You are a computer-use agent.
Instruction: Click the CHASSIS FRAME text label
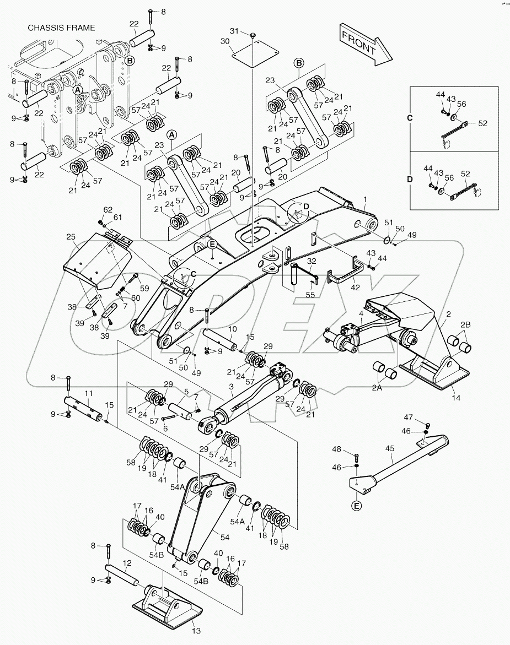click(61, 28)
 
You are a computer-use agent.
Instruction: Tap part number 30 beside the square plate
click(225, 41)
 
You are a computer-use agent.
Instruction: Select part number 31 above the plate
click(234, 31)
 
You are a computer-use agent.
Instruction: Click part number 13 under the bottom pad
click(197, 631)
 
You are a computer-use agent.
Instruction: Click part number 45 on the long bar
click(389, 448)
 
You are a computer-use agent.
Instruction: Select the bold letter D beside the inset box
click(409, 179)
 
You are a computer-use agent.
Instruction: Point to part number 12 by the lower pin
click(127, 563)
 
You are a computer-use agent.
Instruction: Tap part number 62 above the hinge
click(108, 209)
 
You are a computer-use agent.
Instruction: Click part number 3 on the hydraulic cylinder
click(232, 387)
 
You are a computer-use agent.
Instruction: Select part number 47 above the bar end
click(423, 418)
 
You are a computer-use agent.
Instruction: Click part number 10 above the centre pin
click(233, 329)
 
